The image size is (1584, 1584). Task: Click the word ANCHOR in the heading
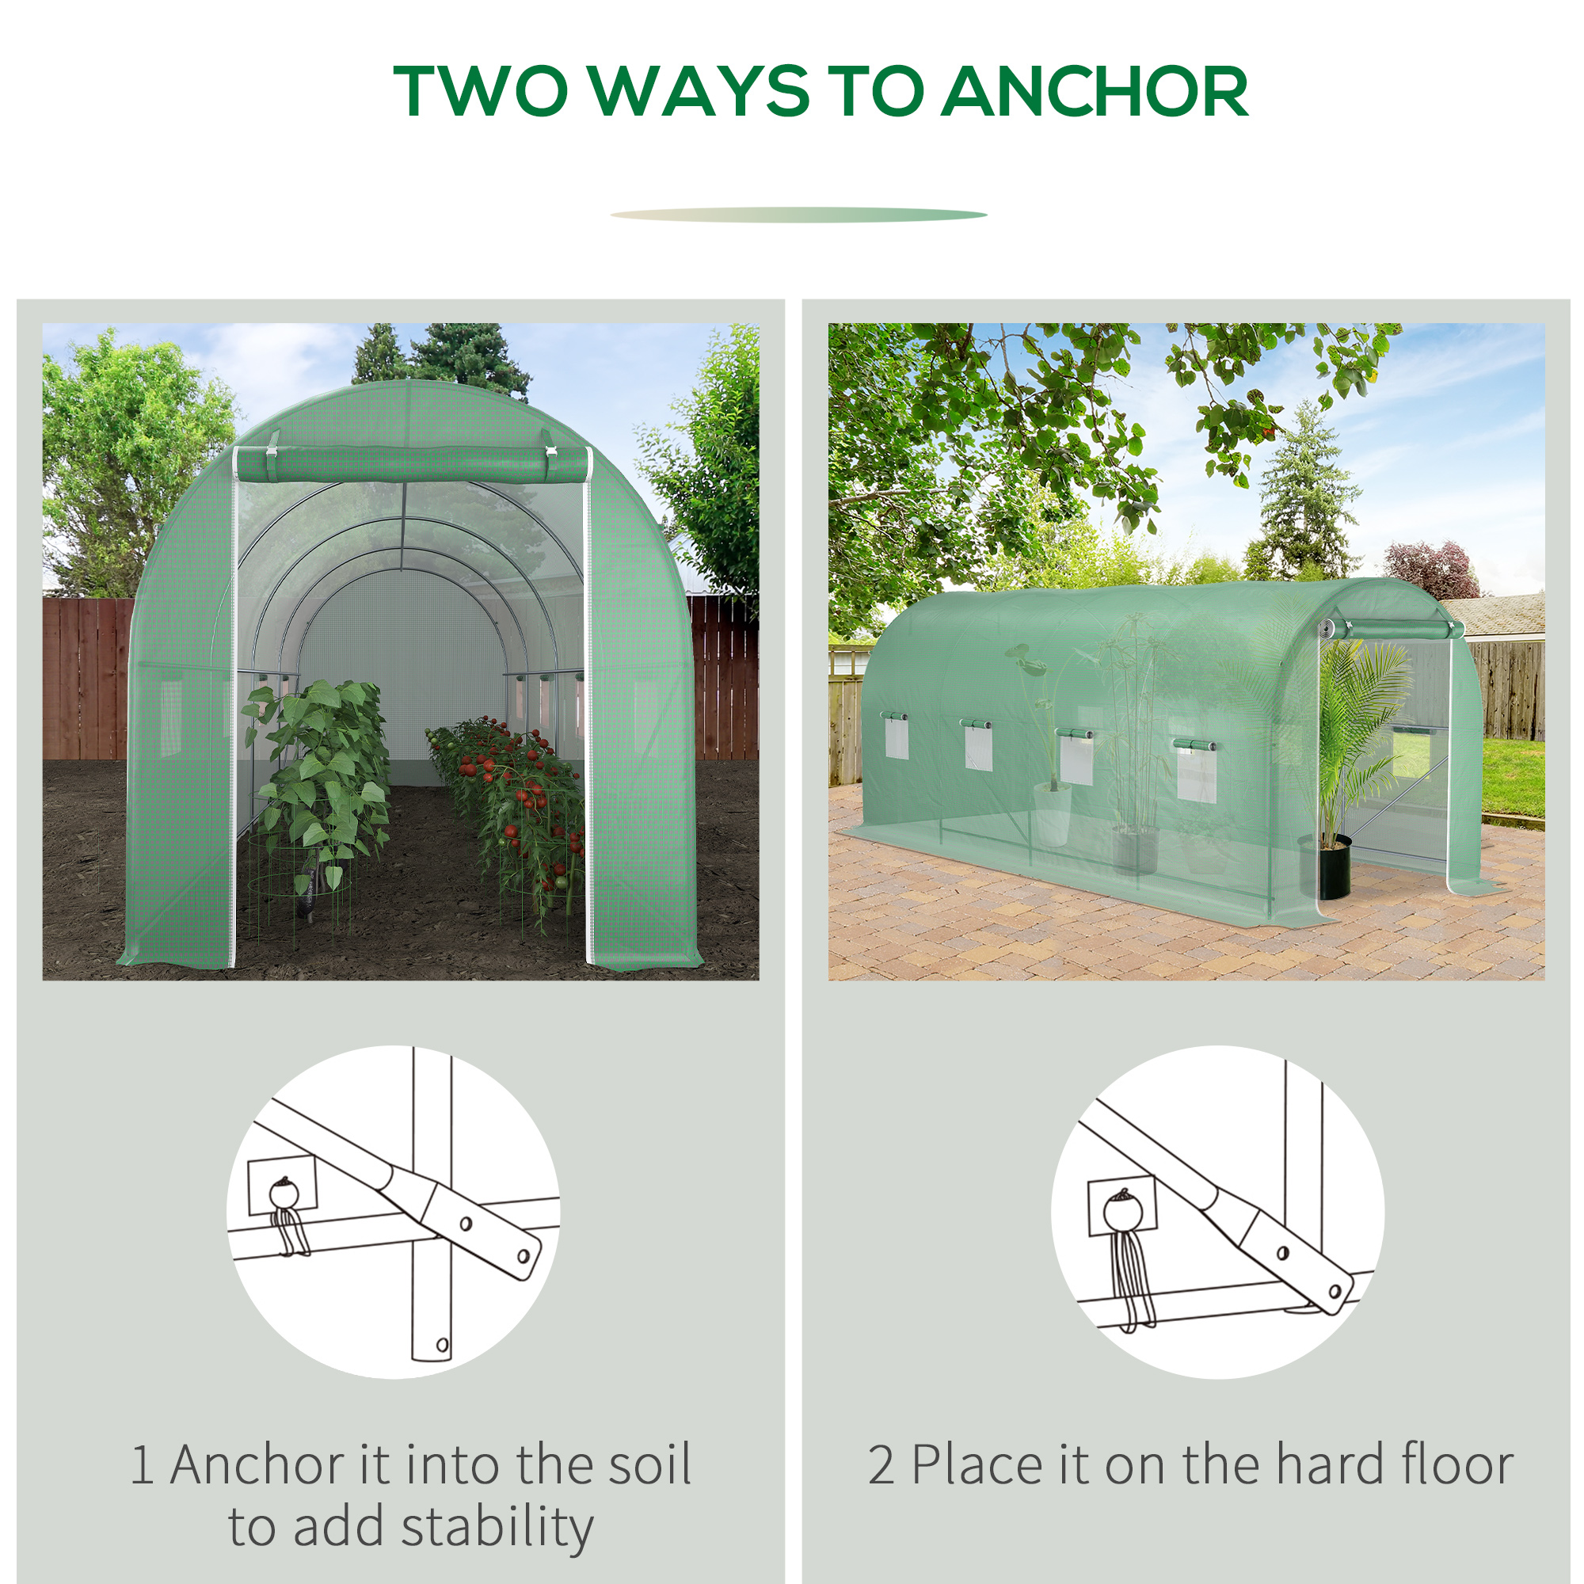(1095, 91)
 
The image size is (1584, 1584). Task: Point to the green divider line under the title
(798, 215)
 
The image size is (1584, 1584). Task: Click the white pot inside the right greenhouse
(1052, 813)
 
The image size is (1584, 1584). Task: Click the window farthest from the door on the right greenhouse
(896, 736)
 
